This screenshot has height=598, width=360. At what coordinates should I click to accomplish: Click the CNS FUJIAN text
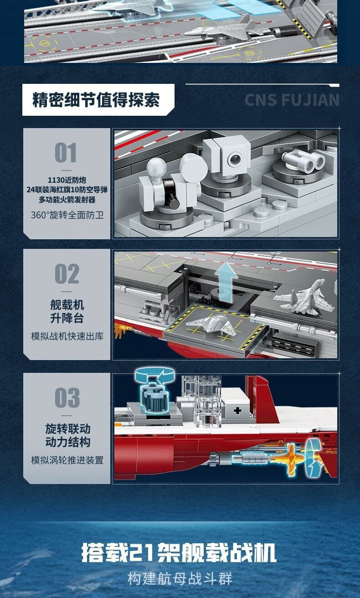tap(292, 100)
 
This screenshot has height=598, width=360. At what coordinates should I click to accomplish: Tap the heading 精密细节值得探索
tap(96, 100)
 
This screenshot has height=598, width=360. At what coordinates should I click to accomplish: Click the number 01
tap(66, 152)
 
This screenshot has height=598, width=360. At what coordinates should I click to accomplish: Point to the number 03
tap(67, 398)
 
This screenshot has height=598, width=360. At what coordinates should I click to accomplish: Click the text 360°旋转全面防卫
tap(67, 215)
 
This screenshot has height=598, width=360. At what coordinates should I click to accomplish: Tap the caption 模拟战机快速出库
tap(67, 336)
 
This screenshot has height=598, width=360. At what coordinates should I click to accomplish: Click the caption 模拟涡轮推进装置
tap(67, 460)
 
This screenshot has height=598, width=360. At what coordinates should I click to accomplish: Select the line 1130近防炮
tap(67, 180)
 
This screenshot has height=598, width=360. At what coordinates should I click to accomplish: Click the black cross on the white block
tap(237, 411)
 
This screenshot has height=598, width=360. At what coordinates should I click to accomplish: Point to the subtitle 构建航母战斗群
tap(180, 578)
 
